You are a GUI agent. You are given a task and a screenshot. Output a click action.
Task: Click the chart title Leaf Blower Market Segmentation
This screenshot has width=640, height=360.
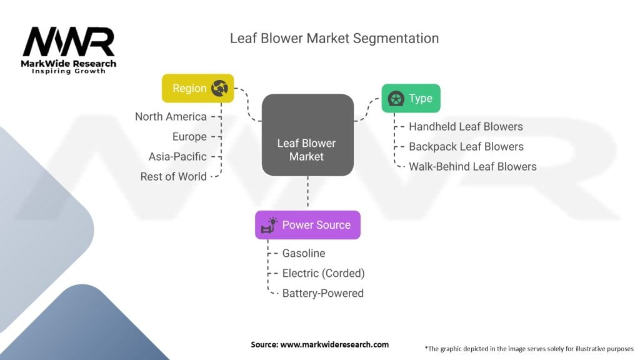point(334,38)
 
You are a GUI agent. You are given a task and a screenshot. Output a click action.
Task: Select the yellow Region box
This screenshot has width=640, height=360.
point(197,88)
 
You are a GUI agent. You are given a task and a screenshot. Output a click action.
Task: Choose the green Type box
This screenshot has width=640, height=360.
point(411,98)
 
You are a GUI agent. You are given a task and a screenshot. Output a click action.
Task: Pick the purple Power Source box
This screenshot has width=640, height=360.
point(307,225)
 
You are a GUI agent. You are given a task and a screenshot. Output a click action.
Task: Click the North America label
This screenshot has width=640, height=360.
point(171,117)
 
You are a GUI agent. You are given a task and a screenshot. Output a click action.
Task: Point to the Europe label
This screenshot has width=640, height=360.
point(189,137)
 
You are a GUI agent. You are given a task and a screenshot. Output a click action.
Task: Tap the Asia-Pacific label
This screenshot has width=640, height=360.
point(177,157)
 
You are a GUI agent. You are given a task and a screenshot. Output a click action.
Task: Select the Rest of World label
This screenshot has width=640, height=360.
point(173,177)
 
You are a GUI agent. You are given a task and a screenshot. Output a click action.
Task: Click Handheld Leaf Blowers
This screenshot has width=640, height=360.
point(466,127)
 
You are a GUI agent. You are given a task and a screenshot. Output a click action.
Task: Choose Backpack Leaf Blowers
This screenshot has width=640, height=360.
point(466,147)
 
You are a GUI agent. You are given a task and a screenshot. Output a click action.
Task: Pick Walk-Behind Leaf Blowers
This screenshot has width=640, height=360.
point(472,167)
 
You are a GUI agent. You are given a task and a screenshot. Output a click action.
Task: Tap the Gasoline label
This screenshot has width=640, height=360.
point(304,254)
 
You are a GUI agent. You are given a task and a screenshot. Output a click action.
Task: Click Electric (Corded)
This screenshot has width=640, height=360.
point(323,274)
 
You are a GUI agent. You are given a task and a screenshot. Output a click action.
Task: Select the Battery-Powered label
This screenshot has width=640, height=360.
point(322,294)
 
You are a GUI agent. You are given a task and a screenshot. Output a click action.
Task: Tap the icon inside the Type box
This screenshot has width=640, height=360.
point(395,99)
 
